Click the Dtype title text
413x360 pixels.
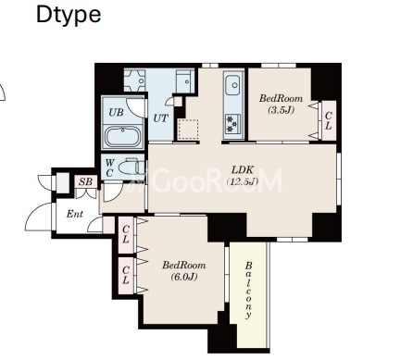(x=69, y=15)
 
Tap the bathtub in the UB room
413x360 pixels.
(x=123, y=136)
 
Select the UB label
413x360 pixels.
(x=116, y=112)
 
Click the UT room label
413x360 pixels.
(x=161, y=118)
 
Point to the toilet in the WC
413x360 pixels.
(x=132, y=168)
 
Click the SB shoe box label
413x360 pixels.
(x=85, y=182)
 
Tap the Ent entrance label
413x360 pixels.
(x=75, y=214)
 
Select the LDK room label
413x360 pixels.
(x=243, y=169)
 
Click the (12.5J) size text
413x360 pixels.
(x=243, y=181)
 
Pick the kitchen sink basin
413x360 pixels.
(x=232, y=85)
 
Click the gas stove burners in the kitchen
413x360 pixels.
(x=232, y=124)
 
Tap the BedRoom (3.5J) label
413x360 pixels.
(x=281, y=105)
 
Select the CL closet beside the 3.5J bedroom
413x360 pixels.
(x=329, y=120)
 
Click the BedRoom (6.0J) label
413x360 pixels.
(x=184, y=271)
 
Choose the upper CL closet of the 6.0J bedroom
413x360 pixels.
(x=126, y=235)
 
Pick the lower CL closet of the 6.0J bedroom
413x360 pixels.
(x=126, y=276)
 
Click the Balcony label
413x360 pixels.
(x=248, y=291)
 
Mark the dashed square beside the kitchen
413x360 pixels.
(x=188, y=130)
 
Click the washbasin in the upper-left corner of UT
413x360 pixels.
(x=134, y=81)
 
